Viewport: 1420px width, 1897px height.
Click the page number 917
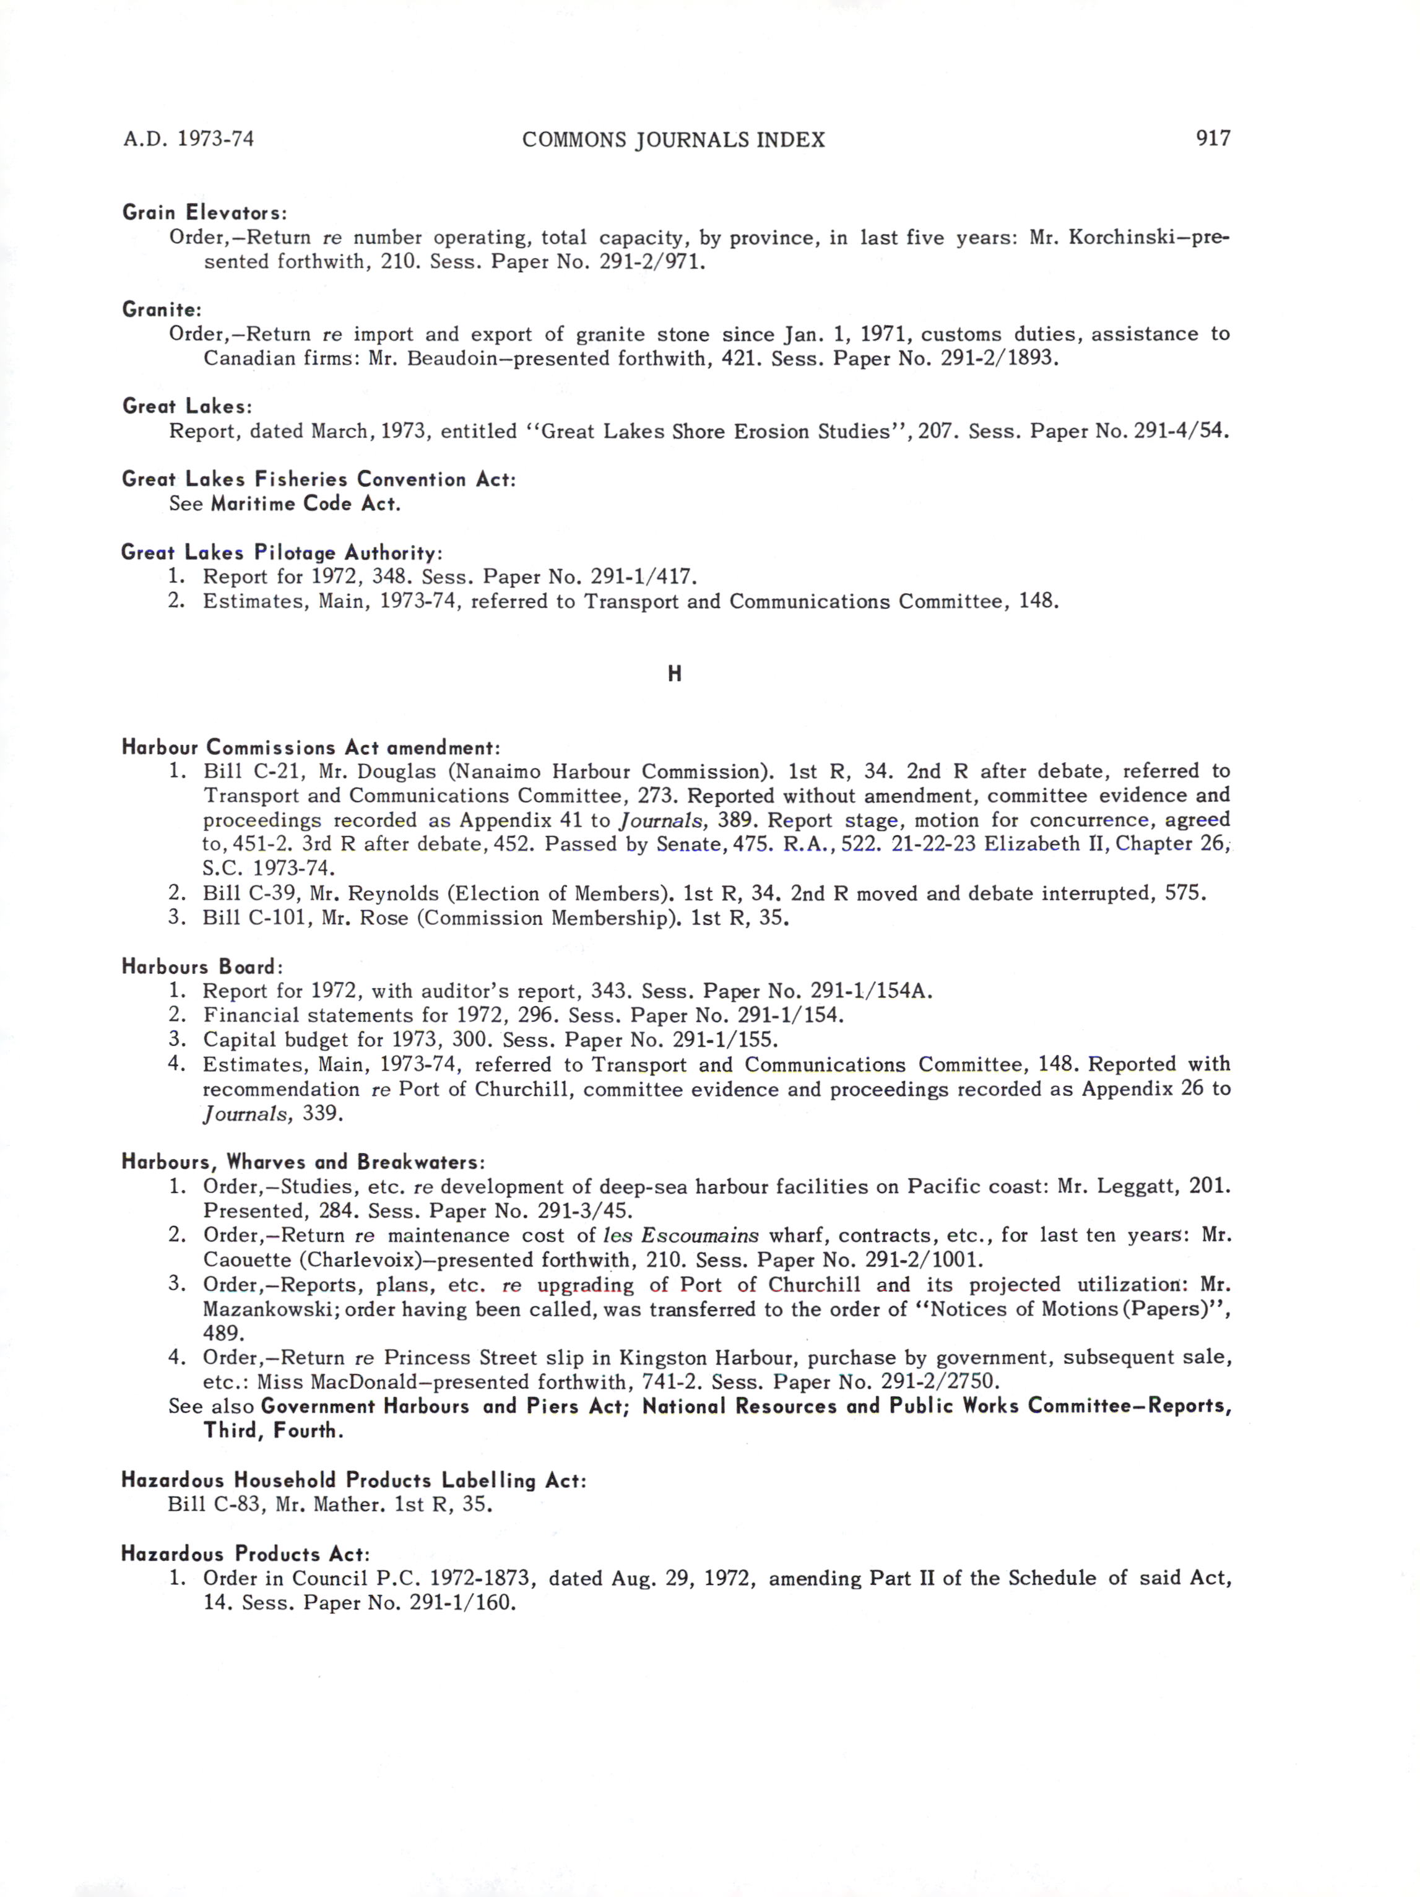(x=1213, y=138)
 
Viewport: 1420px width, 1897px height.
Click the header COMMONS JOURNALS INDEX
(x=673, y=140)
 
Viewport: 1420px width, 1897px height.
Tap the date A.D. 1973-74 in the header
(x=189, y=139)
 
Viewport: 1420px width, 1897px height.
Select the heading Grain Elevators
(x=204, y=212)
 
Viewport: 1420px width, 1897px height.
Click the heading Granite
(x=161, y=309)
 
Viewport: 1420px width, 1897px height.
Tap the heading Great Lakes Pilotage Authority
(x=281, y=552)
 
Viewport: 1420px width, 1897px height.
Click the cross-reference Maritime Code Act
(x=305, y=503)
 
